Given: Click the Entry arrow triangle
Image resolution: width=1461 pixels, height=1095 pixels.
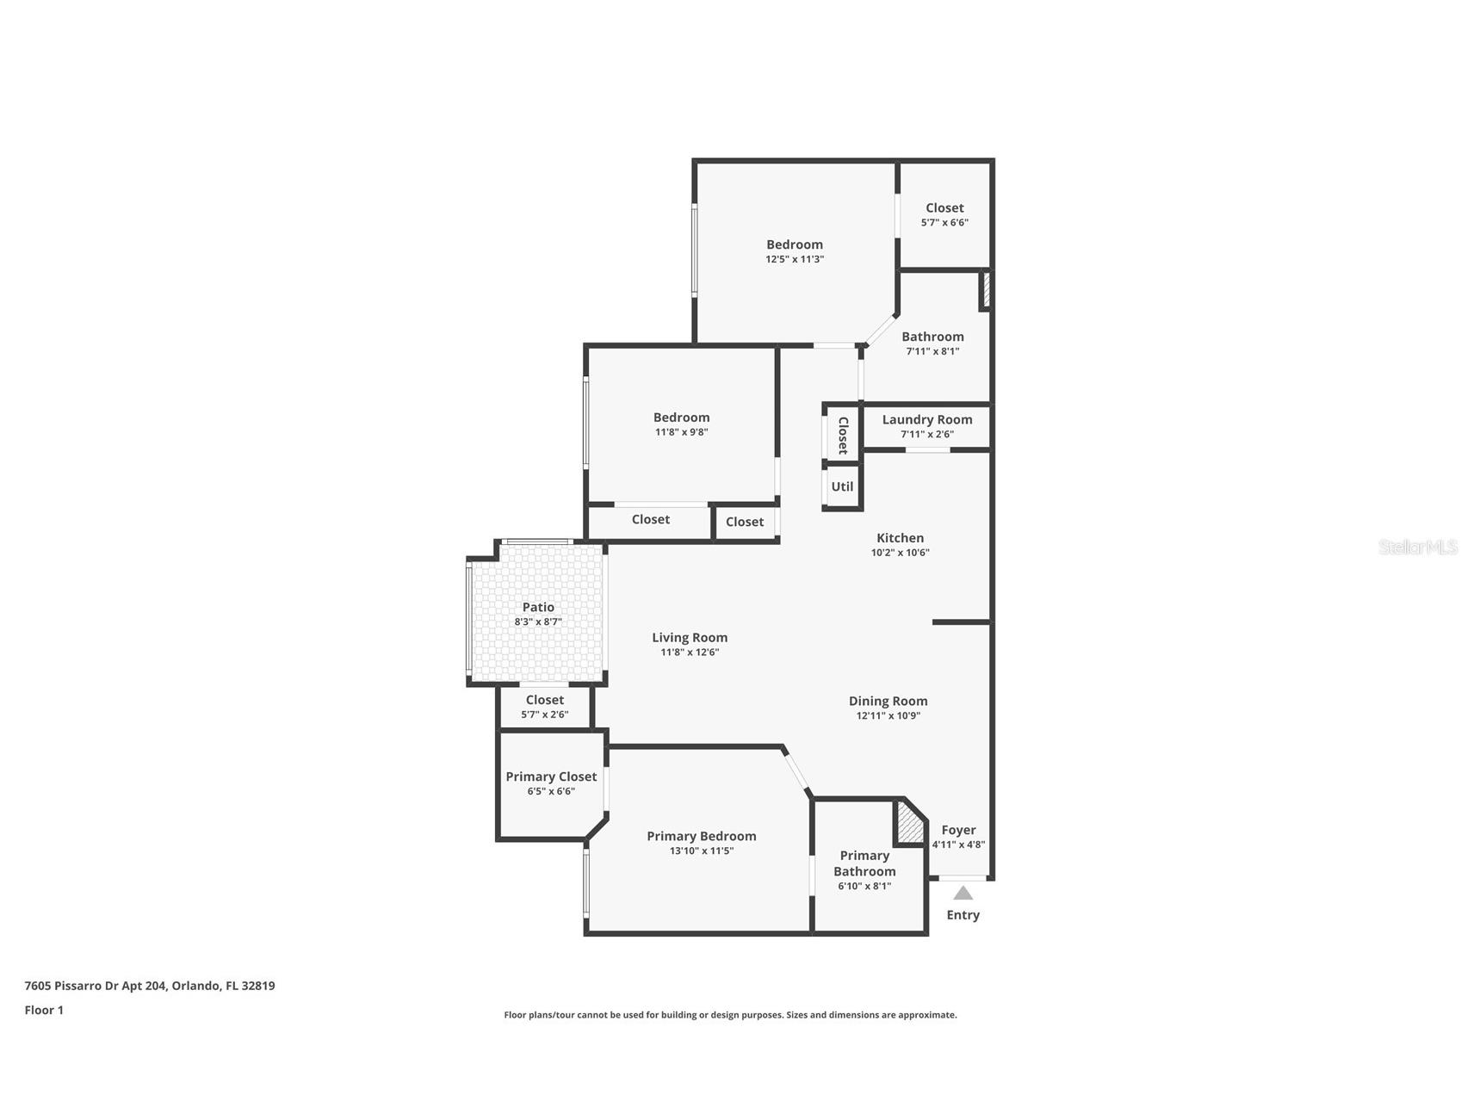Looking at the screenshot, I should pyautogui.click(x=963, y=894).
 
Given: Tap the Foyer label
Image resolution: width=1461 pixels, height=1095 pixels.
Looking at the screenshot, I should pyautogui.click(x=958, y=830).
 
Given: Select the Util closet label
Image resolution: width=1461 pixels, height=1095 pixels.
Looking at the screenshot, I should pyautogui.click(x=842, y=486).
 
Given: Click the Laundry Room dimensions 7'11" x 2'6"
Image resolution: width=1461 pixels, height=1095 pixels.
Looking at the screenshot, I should pyautogui.click(x=927, y=434).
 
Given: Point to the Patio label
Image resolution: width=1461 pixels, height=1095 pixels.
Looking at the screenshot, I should pyautogui.click(x=538, y=607).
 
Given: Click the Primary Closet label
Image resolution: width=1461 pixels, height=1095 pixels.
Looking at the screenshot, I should pyautogui.click(x=551, y=776).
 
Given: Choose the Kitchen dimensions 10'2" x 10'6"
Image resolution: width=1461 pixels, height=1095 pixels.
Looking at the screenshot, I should pyautogui.click(x=900, y=553).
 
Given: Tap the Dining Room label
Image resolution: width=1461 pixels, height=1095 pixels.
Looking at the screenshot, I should pyautogui.click(x=888, y=701).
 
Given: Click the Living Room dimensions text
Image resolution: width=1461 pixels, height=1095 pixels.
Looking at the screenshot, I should pyautogui.click(x=690, y=653).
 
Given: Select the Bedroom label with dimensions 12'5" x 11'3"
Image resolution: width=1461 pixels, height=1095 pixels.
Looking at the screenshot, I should pyautogui.click(x=795, y=244).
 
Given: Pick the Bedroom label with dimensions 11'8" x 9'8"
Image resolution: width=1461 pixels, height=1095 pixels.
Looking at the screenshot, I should pyautogui.click(x=681, y=418).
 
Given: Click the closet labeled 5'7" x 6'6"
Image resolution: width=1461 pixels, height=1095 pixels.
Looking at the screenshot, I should pyautogui.click(x=944, y=207).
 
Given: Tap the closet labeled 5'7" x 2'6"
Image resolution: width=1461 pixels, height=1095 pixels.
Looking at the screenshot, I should pyautogui.click(x=544, y=700).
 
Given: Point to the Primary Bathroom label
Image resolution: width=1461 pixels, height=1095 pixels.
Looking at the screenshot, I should pyautogui.click(x=864, y=863).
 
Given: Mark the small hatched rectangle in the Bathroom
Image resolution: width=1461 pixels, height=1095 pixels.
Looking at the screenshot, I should pyautogui.click(x=986, y=290).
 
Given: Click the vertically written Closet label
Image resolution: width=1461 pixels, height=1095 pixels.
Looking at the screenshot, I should pyautogui.click(x=843, y=436).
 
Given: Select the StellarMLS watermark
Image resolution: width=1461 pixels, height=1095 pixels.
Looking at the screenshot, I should pyautogui.click(x=1417, y=547).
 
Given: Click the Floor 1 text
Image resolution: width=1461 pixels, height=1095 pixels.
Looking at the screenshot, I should pyautogui.click(x=44, y=1010).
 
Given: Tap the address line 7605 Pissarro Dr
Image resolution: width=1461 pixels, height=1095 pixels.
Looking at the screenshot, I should pyautogui.click(x=149, y=986).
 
